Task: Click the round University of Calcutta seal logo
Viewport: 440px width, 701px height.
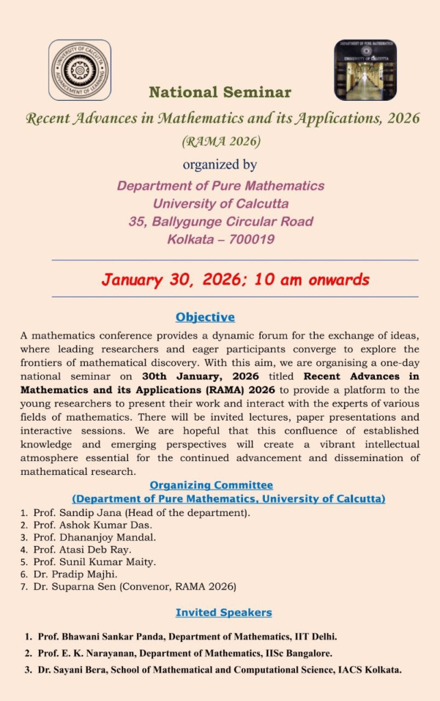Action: [x=79, y=70]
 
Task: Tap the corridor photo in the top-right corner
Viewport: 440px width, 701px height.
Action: [x=365, y=70]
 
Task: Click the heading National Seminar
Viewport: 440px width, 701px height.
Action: [x=220, y=93]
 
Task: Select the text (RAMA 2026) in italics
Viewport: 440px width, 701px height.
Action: [x=220, y=142]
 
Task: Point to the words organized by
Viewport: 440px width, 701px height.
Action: [x=220, y=164]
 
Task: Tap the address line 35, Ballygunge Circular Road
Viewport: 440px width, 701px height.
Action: [x=220, y=221]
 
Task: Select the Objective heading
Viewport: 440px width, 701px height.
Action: [x=205, y=317]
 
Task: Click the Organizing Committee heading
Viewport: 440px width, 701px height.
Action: [x=211, y=485]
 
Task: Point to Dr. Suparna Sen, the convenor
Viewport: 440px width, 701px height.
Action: [x=75, y=587]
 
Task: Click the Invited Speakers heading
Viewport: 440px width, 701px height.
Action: [x=224, y=613]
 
